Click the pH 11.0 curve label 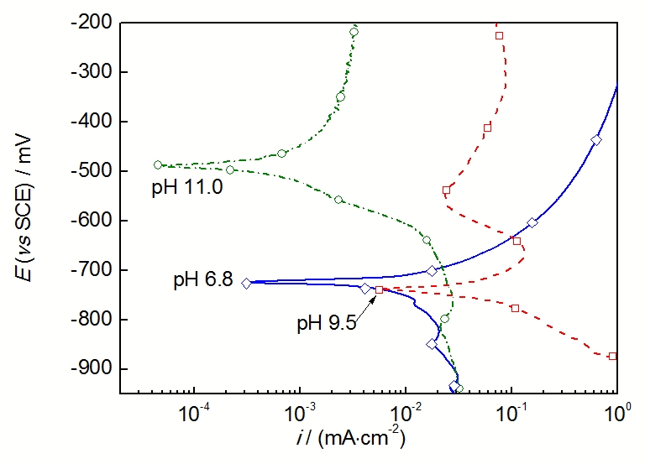(186, 188)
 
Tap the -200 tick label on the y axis (89, 23)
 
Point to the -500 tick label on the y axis (89, 171)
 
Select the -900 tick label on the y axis (89, 369)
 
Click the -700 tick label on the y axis (89, 270)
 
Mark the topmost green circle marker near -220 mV (354, 32)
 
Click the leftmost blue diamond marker (246, 284)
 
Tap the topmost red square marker (499, 35)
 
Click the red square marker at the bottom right (612, 356)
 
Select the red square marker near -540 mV (446, 190)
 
